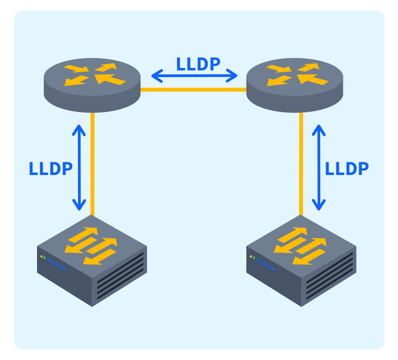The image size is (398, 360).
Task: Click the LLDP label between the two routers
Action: point(198,64)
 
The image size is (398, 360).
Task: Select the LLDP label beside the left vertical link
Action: point(51,169)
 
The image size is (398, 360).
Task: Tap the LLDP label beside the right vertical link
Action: point(346,169)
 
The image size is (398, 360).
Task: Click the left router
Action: point(92,85)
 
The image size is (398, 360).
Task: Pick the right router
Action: point(295,85)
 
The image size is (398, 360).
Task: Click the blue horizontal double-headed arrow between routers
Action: point(194,76)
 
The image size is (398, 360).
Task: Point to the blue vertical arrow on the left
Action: point(79,167)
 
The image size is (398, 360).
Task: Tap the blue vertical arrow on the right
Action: point(319,167)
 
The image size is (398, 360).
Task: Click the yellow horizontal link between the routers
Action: point(193,90)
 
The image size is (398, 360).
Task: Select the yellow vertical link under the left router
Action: point(93,164)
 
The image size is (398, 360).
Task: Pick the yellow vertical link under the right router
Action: point(301,164)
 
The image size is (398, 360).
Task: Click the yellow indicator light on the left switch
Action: point(42,256)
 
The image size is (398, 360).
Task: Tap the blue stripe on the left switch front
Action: point(57,265)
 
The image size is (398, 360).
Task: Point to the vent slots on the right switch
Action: point(329,276)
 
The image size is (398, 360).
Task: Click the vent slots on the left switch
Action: point(120,276)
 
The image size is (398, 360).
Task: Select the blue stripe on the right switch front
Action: point(266,265)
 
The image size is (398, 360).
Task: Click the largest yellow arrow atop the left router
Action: point(110,79)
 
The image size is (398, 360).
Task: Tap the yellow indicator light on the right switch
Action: point(251,256)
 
